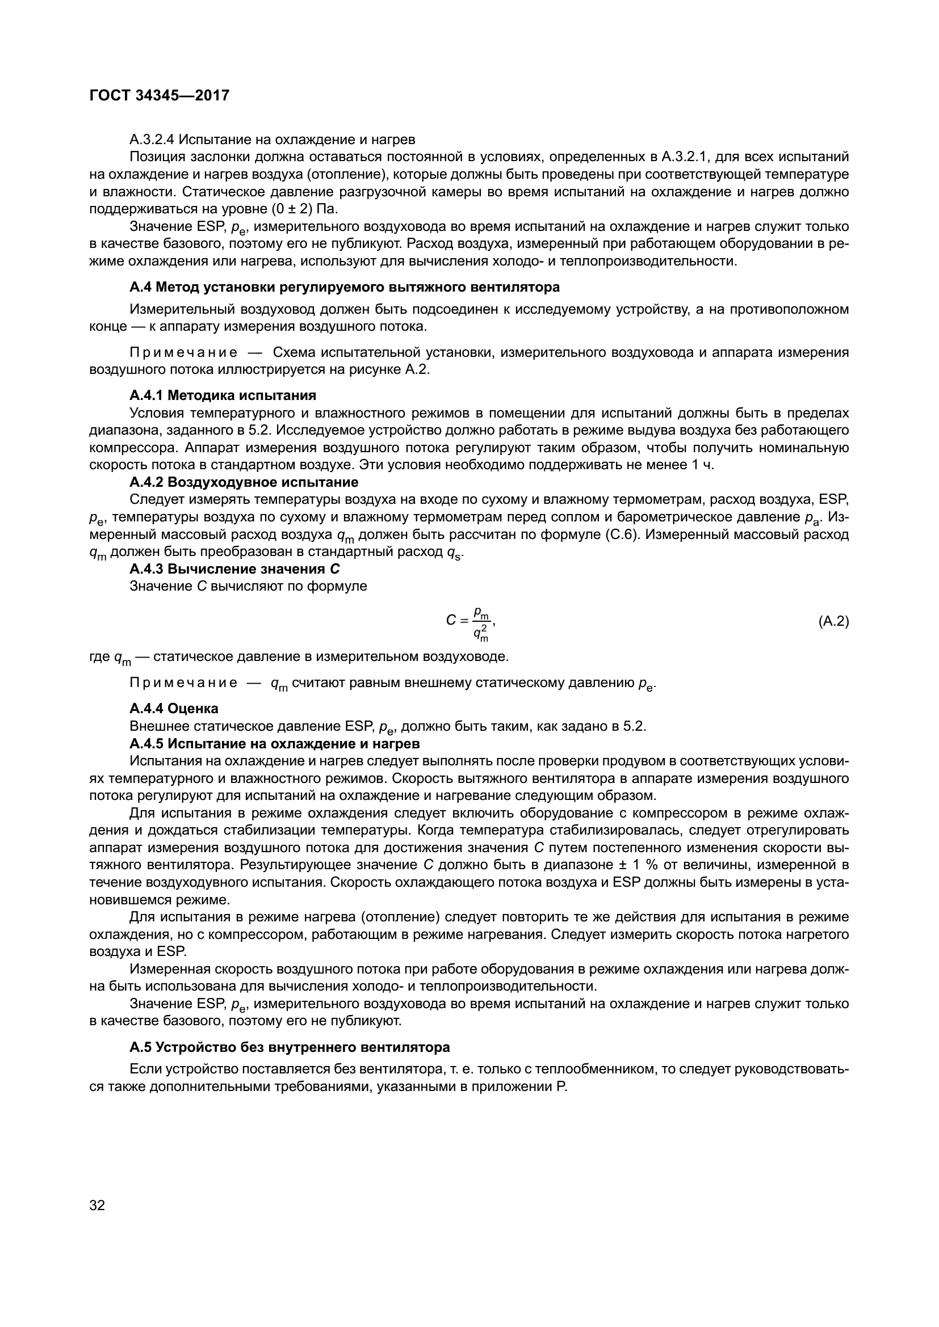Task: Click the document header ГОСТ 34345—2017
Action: tap(159, 95)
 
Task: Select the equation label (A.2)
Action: tap(833, 621)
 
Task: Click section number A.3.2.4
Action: tap(152, 140)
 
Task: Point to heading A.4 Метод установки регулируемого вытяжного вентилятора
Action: tap(345, 287)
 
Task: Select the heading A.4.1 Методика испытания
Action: tap(223, 395)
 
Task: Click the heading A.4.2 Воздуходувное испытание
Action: tap(244, 482)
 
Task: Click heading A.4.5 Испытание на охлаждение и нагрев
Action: tap(275, 743)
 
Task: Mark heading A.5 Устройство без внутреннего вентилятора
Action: tap(290, 1047)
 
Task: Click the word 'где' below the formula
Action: tap(99, 656)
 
